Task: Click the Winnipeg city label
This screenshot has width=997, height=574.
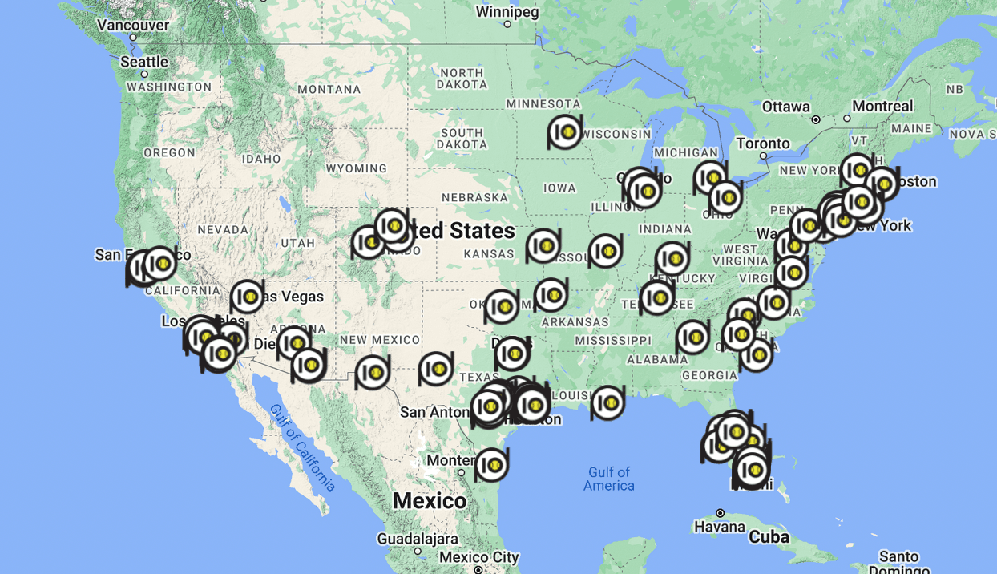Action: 507,12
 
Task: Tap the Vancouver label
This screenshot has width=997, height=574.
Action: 133,25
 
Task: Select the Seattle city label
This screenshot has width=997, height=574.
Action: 144,62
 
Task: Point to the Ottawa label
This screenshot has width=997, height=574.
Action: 785,107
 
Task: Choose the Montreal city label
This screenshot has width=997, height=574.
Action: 882,106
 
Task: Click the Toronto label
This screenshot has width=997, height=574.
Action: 763,143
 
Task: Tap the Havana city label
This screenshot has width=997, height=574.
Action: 720,527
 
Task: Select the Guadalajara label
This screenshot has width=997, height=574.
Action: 418,539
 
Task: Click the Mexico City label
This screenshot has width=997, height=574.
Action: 479,557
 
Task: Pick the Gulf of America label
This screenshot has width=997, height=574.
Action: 609,479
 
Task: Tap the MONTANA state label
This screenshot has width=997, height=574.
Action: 329,89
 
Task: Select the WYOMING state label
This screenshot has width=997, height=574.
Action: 357,168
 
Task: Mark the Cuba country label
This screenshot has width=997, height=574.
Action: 769,536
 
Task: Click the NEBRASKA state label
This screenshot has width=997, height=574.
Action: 475,197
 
